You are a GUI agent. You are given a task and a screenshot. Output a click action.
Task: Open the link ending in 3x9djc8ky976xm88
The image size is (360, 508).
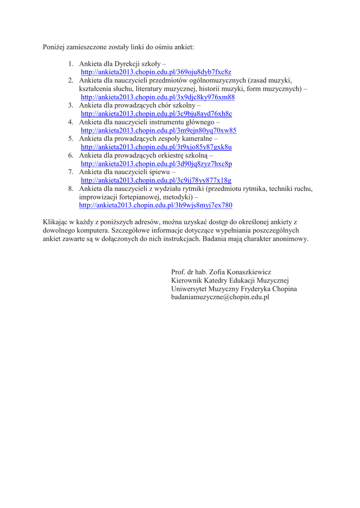point(157,97)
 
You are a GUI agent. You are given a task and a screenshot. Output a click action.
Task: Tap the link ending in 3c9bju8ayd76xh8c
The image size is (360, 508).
point(156,114)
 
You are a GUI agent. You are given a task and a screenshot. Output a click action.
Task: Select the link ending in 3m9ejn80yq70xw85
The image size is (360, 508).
point(158,130)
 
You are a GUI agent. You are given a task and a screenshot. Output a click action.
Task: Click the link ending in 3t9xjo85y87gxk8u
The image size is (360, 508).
point(156,147)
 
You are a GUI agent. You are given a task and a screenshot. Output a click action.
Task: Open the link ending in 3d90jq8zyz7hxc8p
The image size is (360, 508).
point(156,164)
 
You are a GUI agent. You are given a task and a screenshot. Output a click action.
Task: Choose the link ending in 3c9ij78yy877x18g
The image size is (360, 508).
point(156,181)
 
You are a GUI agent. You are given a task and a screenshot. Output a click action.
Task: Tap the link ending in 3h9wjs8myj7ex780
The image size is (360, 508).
point(155,205)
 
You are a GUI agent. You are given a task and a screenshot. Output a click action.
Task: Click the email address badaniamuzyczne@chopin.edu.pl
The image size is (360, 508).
point(220,297)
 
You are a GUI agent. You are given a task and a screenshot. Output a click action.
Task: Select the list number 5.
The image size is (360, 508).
point(71,138)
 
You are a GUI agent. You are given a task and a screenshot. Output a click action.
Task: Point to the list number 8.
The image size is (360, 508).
point(71,189)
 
